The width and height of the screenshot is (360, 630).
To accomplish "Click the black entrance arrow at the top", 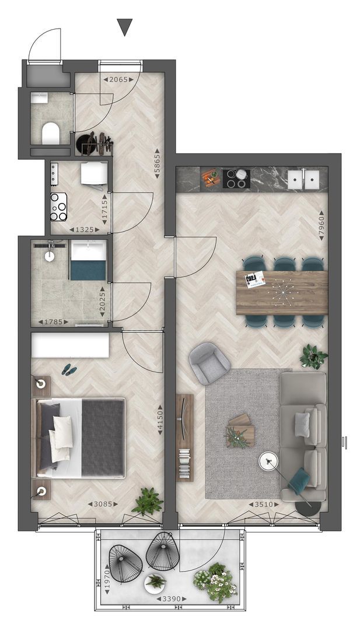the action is click(x=124, y=27).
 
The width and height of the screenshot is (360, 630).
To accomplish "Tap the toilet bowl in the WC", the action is click(x=51, y=133).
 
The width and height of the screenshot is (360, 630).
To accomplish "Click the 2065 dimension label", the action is click(x=118, y=79).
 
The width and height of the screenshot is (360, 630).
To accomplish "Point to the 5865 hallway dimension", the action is click(x=158, y=163).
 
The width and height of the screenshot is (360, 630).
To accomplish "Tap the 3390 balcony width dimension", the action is click(x=172, y=598).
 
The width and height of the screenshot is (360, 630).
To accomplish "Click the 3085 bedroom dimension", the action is click(x=103, y=503).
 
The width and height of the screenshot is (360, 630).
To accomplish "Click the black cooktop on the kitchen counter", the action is click(x=236, y=179).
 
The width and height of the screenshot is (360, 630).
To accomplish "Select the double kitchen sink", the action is click(x=303, y=180).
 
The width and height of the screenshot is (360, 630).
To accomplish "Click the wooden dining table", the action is click(x=282, y=292).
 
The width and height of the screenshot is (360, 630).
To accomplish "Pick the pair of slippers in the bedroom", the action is click(x=69, y=370).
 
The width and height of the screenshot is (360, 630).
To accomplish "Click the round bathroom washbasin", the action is click(x=50, y=256).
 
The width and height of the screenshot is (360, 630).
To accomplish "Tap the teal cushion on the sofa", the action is click(x=299, y=481).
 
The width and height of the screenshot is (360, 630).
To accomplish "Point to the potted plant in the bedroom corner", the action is click(x=148, y=502).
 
